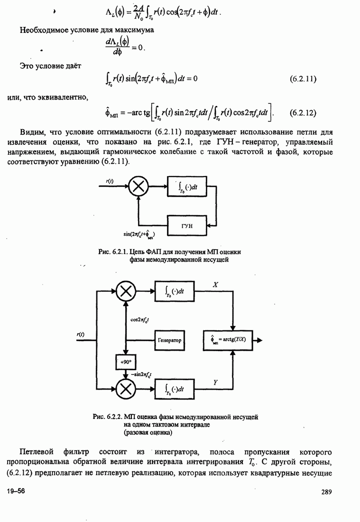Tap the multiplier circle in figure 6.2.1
[x=138, y=186]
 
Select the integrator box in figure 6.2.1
[x=187, y=186]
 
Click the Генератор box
[x=169, y=340]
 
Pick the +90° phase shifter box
[x=125, y=362]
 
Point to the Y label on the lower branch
[x=215, y=381]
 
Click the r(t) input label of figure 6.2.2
[x=80, y=335]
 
